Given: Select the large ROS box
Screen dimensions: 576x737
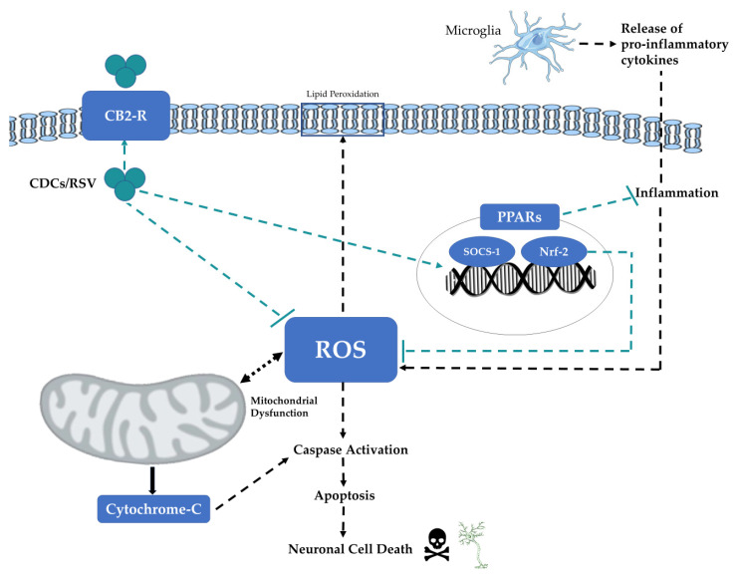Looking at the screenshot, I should coord(342,349).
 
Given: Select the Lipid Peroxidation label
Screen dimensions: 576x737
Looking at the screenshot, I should coord(343,93).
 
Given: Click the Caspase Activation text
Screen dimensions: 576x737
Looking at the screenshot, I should coord(350,449).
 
